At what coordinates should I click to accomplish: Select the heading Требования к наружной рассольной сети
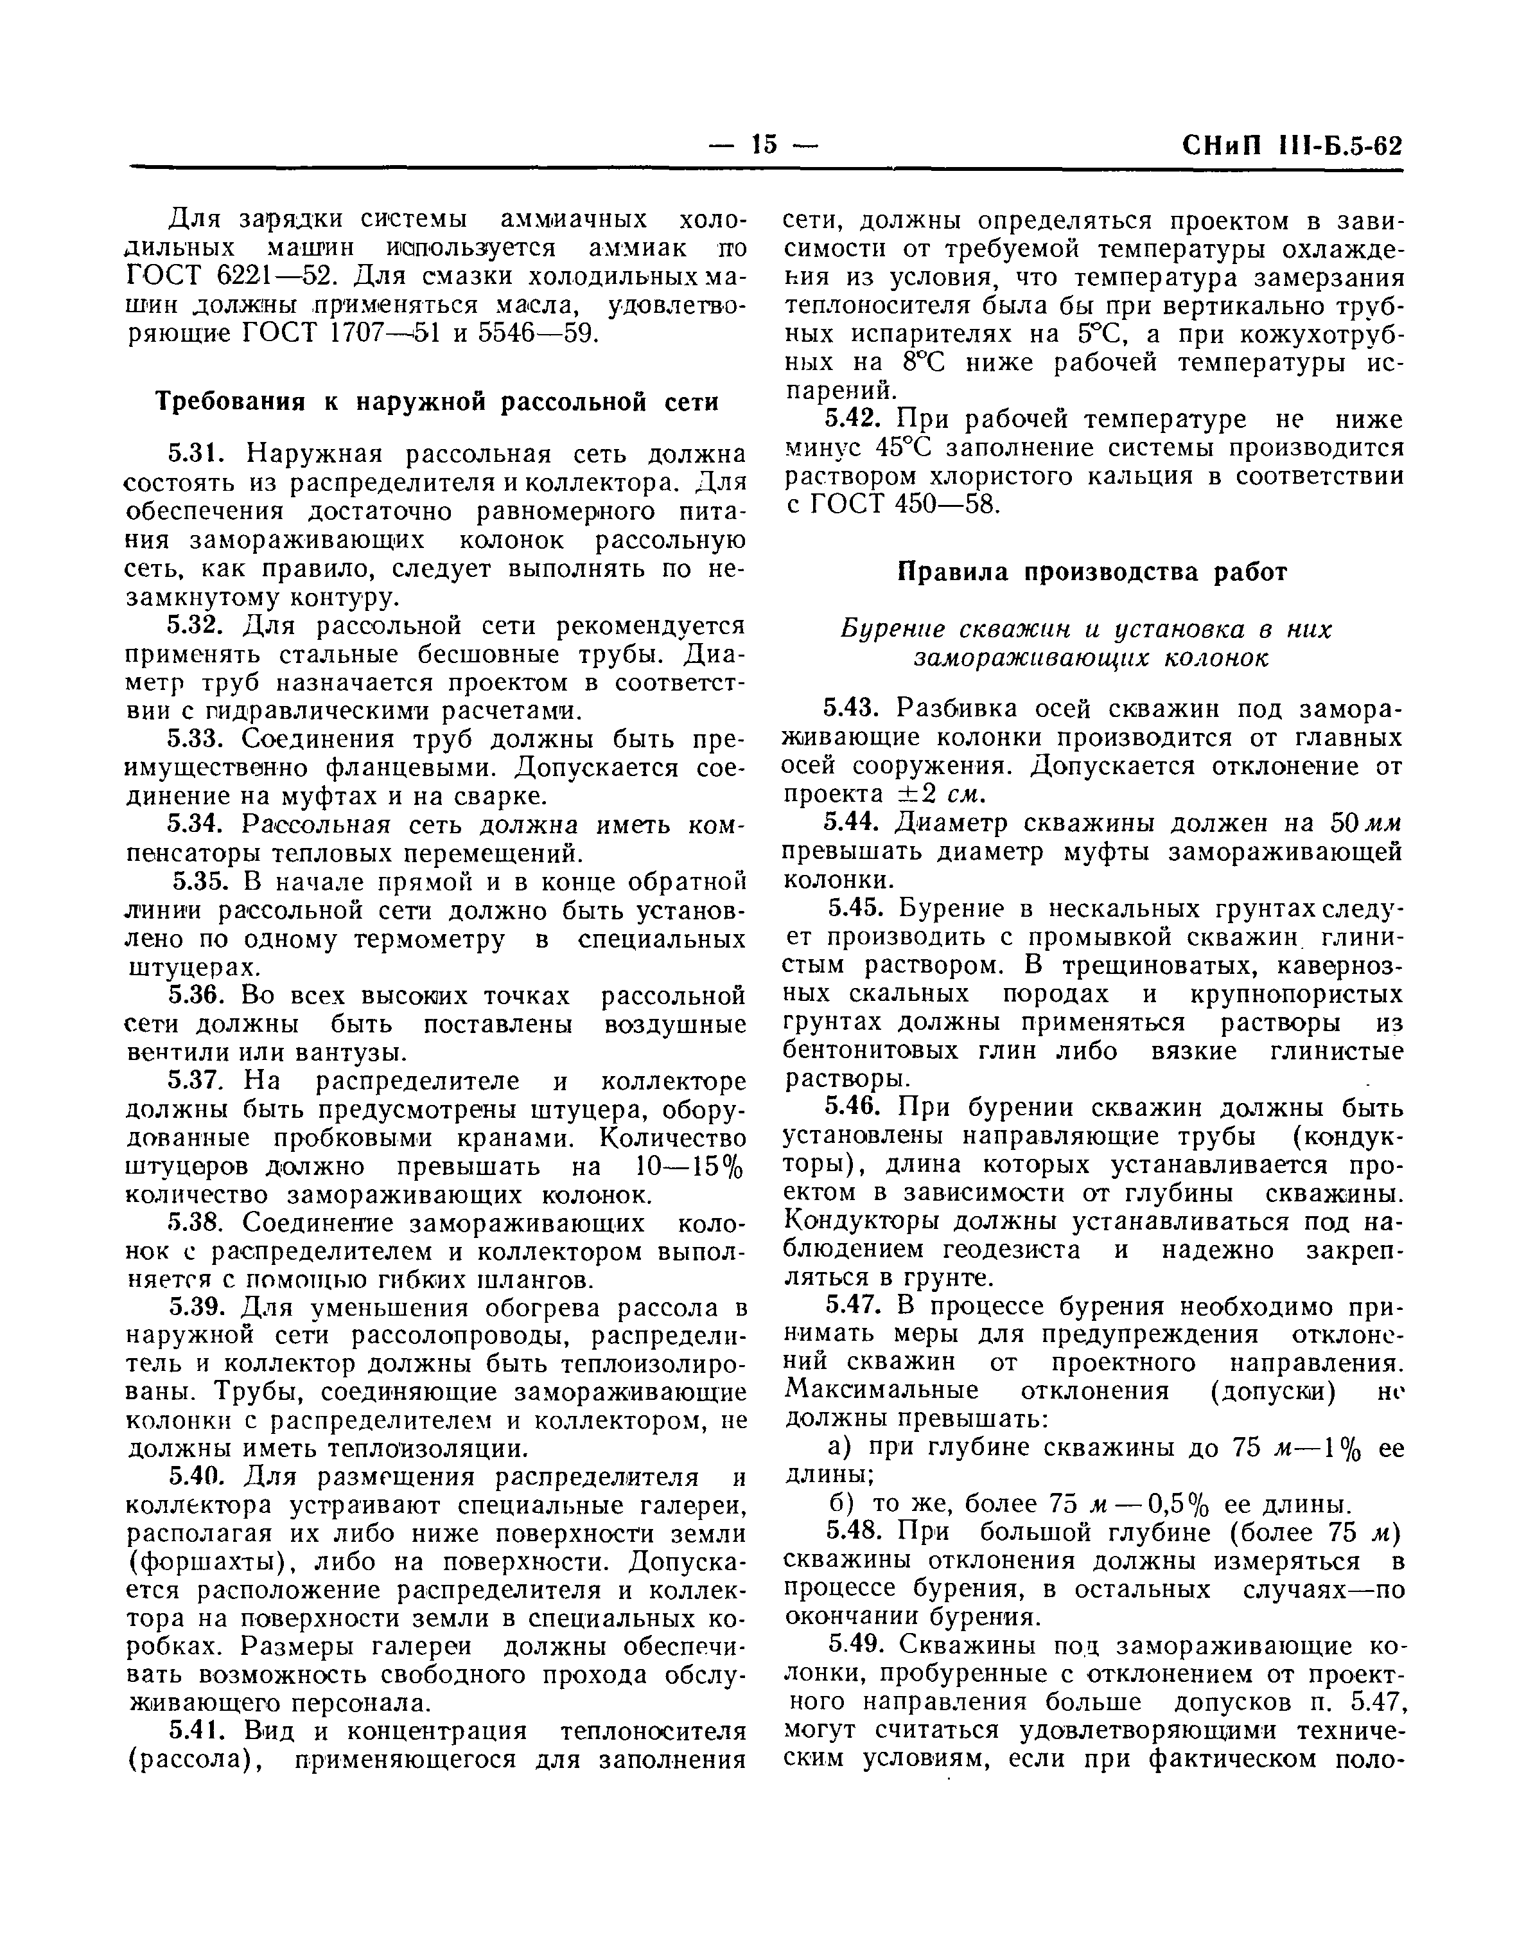(x=437, y=402)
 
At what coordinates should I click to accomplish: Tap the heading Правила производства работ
(x=1092, y=572)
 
